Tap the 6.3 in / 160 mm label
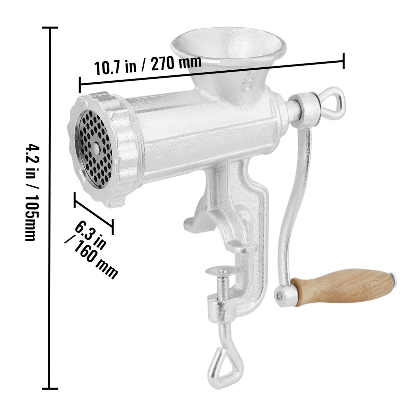point(92,251)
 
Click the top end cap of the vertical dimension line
point(50,27)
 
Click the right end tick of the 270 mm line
point(344,61)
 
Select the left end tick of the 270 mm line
point(80,85)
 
